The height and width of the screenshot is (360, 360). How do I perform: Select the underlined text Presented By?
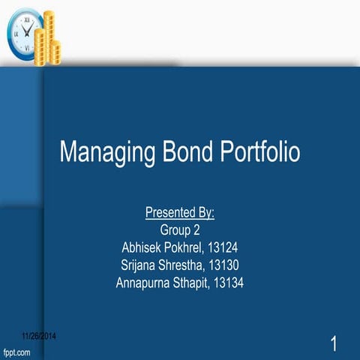(x=180, y=213)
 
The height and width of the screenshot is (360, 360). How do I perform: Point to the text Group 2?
(x=180, y=229)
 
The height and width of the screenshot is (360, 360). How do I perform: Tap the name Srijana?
(x=140, y=265)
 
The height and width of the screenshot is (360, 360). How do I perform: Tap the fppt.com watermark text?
(x=16, y=351)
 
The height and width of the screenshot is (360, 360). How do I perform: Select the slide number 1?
(x=334, y=345)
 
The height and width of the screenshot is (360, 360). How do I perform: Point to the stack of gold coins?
(x=51, y=37)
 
